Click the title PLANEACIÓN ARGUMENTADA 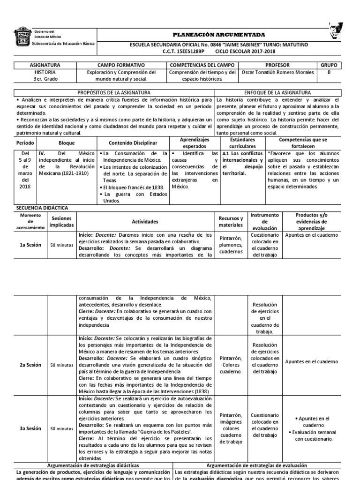[219, 35]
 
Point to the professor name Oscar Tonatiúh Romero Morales [277, 73]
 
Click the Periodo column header [25, 143]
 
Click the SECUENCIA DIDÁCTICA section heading [42, 207]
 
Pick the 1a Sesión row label [30, 244]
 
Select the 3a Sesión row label [30, 428]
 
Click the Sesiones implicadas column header [62, 222]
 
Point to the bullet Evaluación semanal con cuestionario [314, 435]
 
